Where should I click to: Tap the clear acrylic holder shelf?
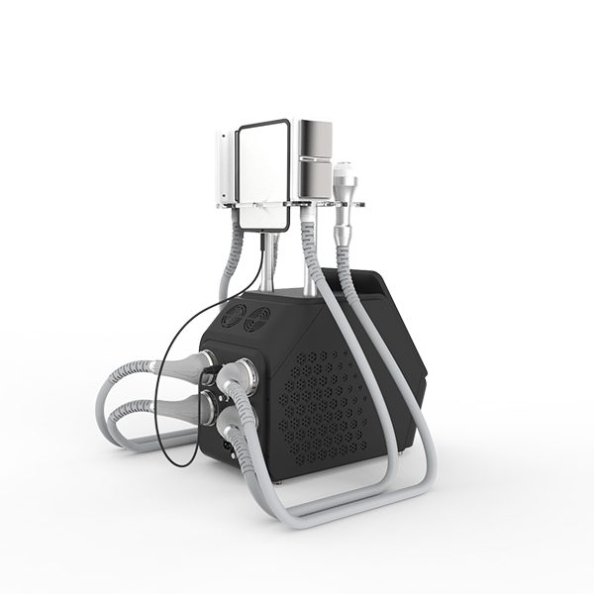[x=297, y=206]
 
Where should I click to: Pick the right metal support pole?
[x=309, y=257]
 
